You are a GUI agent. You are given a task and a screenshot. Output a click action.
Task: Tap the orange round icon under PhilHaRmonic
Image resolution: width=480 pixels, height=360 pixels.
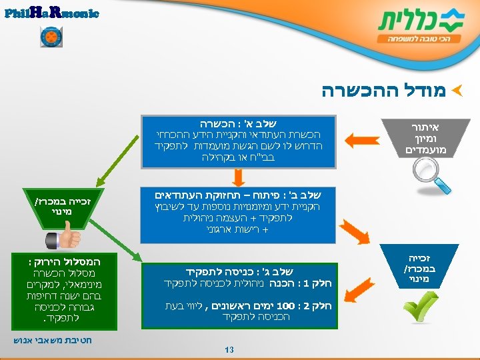click(51, 37)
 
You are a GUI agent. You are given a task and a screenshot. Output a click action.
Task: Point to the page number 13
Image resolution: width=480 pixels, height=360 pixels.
click(229, 349)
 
